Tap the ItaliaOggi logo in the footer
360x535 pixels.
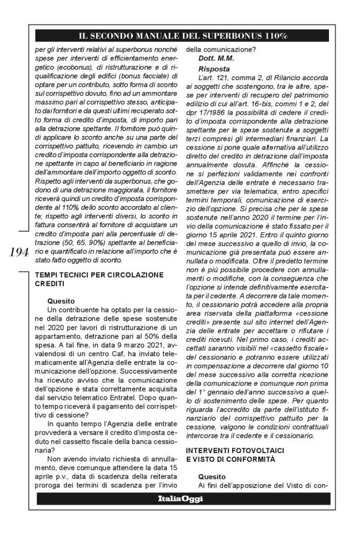[x=180, y=498]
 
